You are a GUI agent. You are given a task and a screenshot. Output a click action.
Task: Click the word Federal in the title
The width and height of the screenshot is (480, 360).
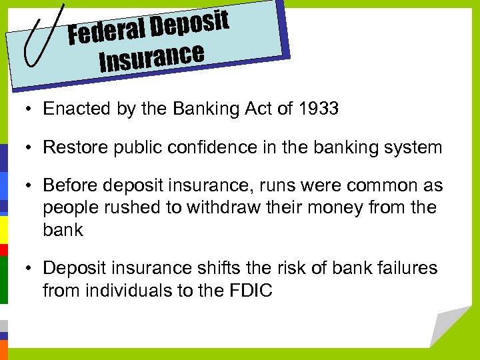[106, 31]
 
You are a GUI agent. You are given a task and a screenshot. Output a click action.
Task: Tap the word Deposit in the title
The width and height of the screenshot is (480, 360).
[189, 23]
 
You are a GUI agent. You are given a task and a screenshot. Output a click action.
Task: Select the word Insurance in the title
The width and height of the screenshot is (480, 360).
[151, 58]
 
